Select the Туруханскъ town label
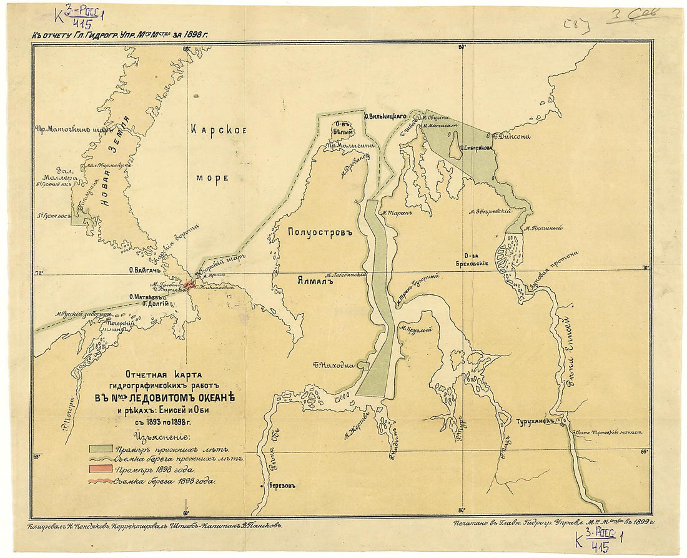(x=535, y=421)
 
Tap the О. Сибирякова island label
(x=477, y=148)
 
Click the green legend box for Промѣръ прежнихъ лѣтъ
(x=101, y=448)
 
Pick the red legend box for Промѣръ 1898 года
(x=101, y=469)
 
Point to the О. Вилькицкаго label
(x=386, y=116)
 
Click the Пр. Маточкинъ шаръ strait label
(x=66, y=131)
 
